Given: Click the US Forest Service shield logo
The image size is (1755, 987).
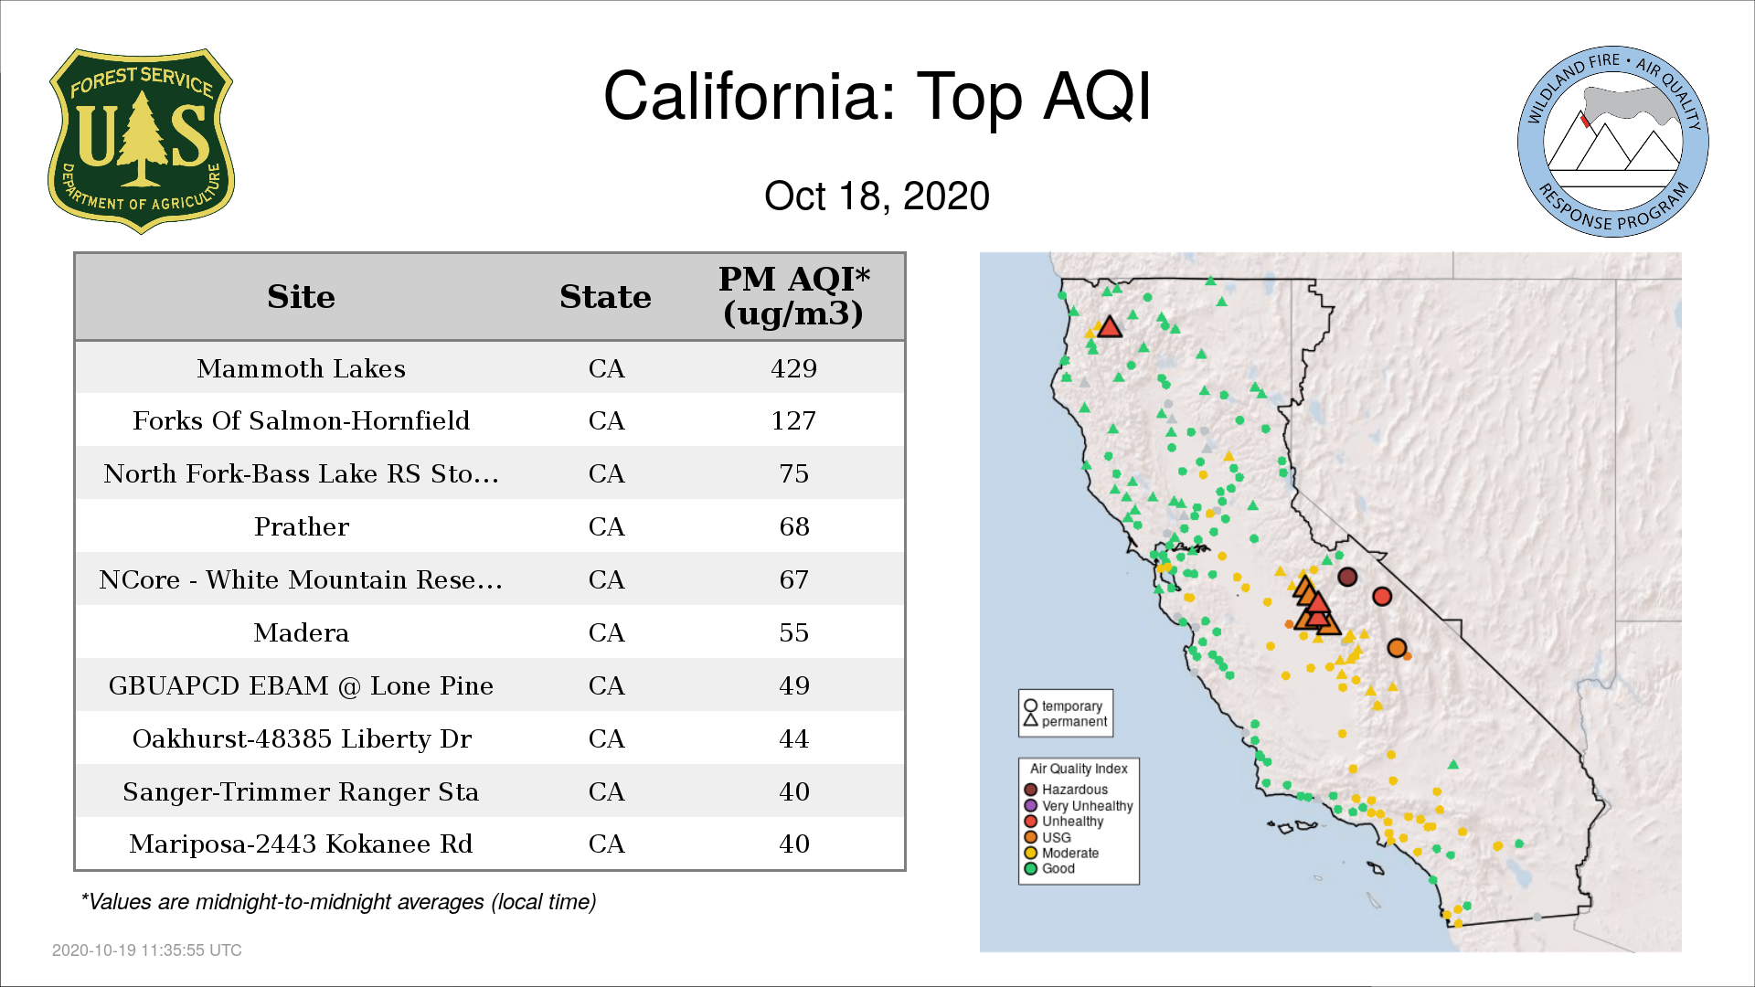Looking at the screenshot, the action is pos(141,142).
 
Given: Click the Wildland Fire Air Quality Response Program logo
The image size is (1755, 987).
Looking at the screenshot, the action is pos(1613,142).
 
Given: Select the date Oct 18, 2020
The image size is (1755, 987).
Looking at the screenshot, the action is pos(877,196).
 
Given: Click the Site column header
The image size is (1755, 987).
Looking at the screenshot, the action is pos(301,297).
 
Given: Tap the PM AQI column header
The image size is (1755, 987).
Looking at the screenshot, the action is pos(793,296).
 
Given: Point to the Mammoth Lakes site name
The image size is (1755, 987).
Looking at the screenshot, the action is pos(301,368).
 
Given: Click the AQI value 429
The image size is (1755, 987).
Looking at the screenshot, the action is pos(793,368).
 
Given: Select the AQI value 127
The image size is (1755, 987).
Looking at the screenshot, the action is pos(793,420).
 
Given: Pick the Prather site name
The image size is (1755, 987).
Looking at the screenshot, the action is pos(301,526).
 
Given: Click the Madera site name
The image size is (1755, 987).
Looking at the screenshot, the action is pos(301,632).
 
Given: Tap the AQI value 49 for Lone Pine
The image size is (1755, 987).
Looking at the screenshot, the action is pos(793,685).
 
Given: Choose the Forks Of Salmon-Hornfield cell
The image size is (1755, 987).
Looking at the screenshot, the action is pos(301,420).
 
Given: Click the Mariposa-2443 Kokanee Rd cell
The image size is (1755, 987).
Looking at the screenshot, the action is pos(301,844).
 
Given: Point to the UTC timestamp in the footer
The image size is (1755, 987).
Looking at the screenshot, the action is pos(147,950).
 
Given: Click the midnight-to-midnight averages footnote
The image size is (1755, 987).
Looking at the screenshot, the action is pos(338,902).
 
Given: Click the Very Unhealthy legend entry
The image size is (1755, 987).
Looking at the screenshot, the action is pos(1079,806).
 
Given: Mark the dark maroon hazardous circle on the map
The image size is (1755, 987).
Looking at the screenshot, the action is pos(1347,577).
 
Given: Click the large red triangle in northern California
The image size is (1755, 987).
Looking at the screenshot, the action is pos(1110,327).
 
